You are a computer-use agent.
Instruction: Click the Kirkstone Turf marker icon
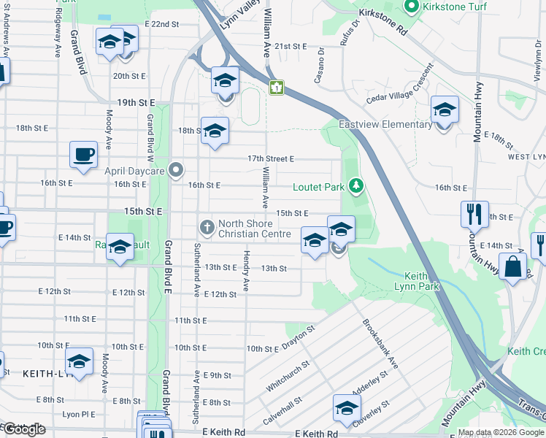(x=411, y=7)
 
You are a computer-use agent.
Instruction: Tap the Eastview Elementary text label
(x=385, y=124)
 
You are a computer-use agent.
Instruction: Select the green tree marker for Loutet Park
(x=356, y=187)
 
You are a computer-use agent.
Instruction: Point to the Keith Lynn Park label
(x=422, y=281)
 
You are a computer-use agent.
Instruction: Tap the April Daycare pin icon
(x=176, y=170)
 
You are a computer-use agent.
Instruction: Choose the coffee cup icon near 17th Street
(x=82, y=155)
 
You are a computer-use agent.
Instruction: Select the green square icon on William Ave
(x=276, y=88)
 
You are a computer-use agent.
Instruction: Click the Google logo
(x=24, y=429)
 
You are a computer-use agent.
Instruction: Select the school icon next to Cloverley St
(x=347, y=407)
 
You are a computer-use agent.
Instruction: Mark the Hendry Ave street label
(x=246, y=277)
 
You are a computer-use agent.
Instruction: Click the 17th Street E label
(x=270, y=158)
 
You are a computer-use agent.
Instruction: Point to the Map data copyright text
(x=501, y=432)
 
